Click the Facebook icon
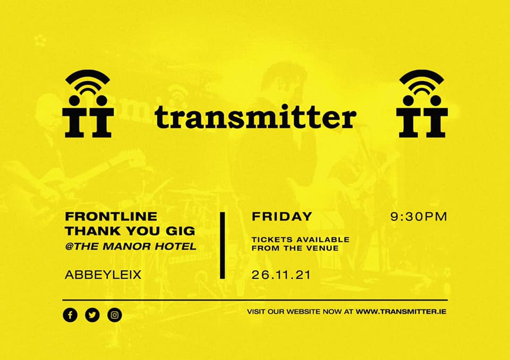[70, 315]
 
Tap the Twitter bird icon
[92, 315]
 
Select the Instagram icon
[115, 315]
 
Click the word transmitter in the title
[256, 117]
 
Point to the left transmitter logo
[88, 104]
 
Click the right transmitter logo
[422, 104]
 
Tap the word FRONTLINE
[111, 217]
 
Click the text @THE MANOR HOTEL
[131, 246]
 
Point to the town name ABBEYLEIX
[103, 275]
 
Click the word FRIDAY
[282, 217]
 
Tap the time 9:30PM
[419, 217]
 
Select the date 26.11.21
[281, 275]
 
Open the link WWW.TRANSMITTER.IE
[401, 312]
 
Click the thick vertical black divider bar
[223, 245]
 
